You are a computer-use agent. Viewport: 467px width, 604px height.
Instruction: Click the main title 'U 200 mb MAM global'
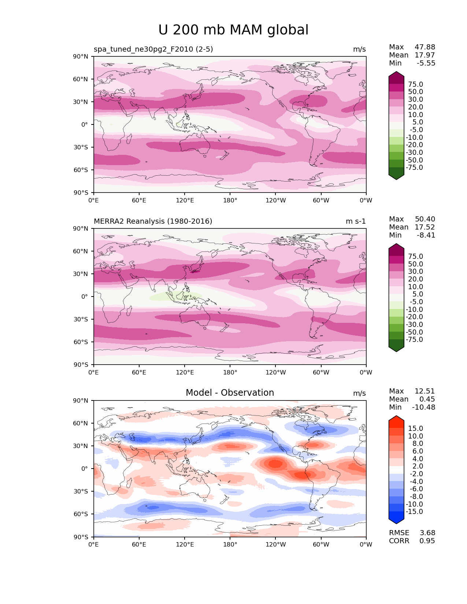point(233,30)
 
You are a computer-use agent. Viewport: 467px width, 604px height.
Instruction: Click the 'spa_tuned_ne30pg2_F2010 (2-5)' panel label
point(153,49)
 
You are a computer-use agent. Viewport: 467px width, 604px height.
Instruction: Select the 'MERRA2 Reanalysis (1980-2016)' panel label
point(153,221)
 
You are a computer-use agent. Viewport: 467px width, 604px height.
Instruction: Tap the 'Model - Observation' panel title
point(230,393)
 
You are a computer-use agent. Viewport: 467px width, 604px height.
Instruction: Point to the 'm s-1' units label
point(356,221)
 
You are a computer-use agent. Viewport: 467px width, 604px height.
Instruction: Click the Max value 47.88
point(425,47)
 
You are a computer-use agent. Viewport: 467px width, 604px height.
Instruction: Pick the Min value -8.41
point(426,235)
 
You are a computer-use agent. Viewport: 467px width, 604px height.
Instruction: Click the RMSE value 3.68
point(427,533)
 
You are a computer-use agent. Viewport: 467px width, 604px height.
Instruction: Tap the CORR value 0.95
point(427,541)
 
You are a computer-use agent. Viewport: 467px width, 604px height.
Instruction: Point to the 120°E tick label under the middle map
point(185,372)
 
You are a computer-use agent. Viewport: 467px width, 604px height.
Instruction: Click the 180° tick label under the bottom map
point(230,544)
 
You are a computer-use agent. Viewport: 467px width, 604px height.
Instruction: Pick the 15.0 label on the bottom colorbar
point(415,428)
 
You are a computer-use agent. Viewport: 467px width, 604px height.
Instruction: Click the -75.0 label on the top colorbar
point(414,168)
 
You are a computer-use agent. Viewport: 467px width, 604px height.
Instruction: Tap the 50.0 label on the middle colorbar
point(415,264)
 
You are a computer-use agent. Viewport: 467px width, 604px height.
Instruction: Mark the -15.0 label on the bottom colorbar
point(414,512)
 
